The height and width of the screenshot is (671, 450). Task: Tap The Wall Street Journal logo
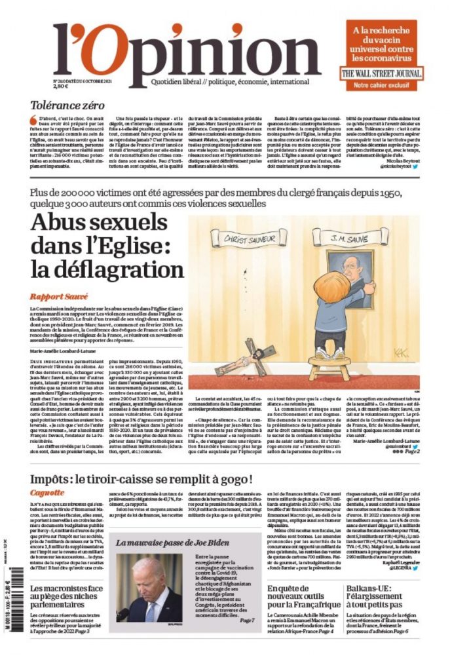click(x=381, y=74)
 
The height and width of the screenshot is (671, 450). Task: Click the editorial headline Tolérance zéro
click(x=67, y=104)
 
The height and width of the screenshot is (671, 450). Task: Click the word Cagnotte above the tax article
click(x=47, y=492)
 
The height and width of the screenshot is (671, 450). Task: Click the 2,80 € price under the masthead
click(x=61, y=86)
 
